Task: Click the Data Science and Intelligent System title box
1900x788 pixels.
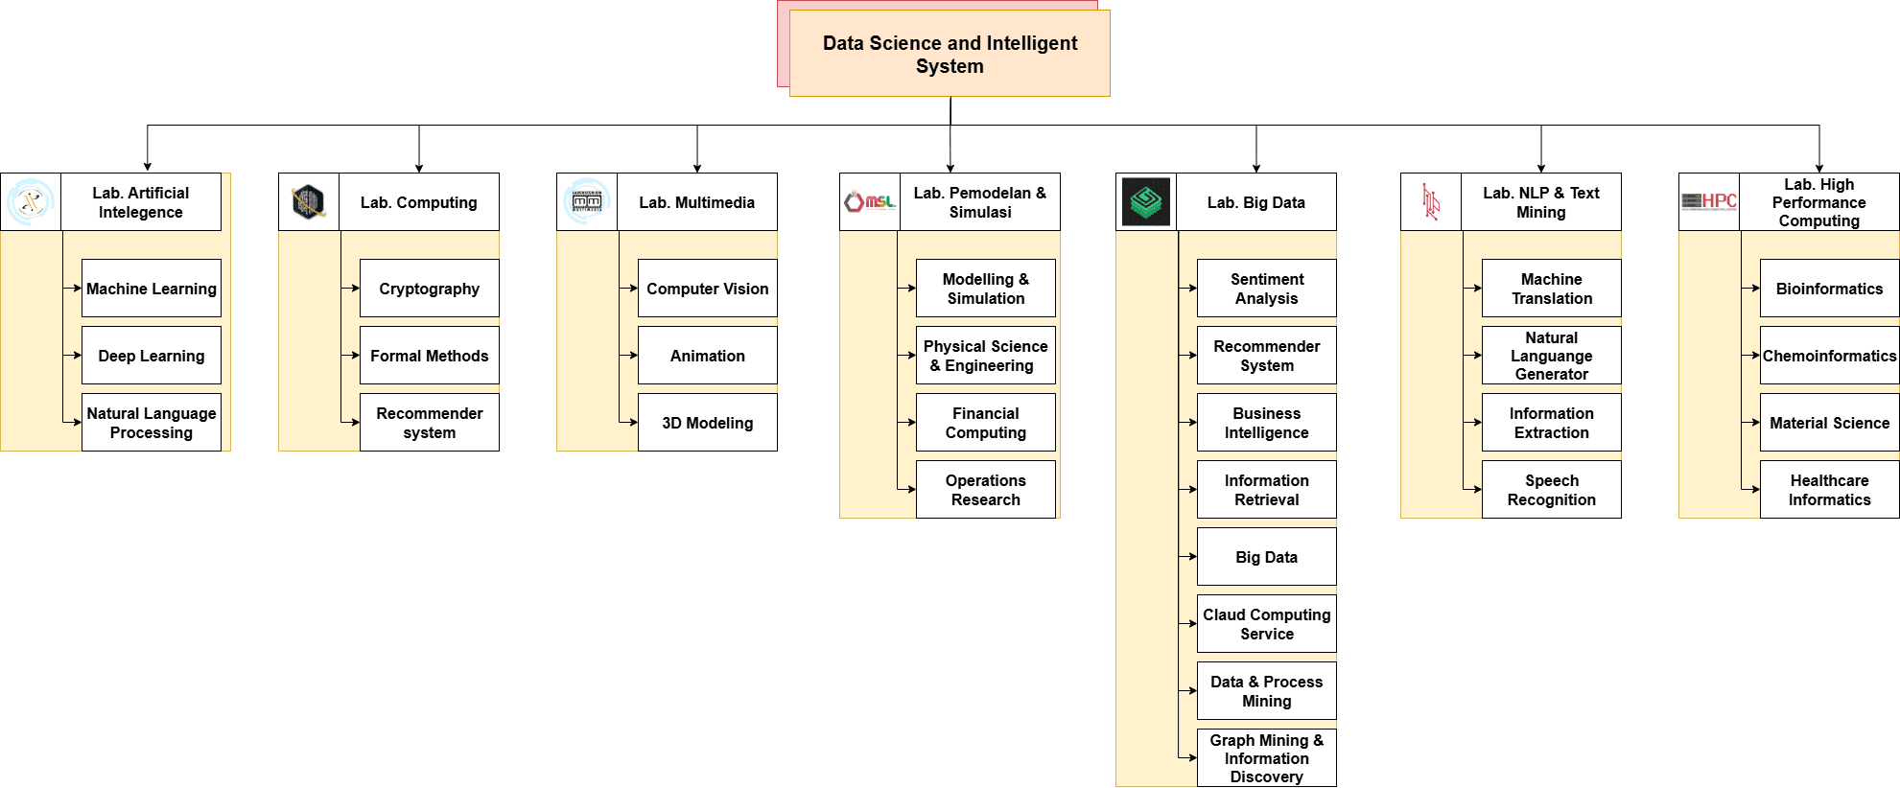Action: (950, 54)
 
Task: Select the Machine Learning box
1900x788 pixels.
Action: (152, 289)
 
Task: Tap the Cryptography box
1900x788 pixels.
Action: (429, 289)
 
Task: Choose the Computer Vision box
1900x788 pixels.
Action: (707, 289)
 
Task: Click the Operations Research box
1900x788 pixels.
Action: (985, 490)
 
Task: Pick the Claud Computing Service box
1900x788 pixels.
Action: (1266, 624)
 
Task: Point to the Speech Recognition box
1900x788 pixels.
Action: (1551, 490)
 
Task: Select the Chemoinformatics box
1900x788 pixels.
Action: (1829, 356)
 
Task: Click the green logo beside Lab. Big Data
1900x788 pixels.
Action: (1146, 202)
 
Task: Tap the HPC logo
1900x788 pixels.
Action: (1709, 201)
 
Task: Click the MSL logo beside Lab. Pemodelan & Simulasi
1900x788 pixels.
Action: (869, 202)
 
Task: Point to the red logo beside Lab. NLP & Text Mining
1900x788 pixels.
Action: (1431, 202)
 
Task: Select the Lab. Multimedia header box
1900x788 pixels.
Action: (697, 202)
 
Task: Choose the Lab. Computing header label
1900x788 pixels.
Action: (419, 202)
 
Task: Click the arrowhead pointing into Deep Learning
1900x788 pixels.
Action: (78, 356)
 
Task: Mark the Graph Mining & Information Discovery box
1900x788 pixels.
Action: (1266, 758)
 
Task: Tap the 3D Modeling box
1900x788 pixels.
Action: (707, 423)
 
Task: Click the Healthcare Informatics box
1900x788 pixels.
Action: (1829, 490)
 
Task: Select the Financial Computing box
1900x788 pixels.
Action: (985, 423)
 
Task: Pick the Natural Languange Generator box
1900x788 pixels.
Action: (1551, 356)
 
